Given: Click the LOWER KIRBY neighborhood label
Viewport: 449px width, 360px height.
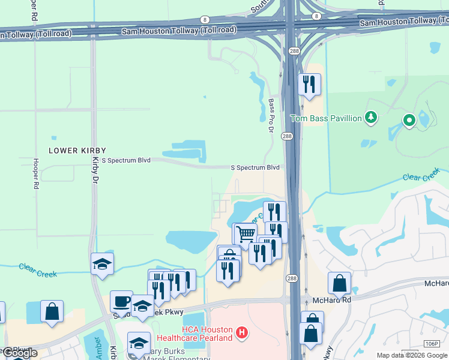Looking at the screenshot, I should [x=77, y=150].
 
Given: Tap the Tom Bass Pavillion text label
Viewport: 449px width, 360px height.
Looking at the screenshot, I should [x=326, y=118].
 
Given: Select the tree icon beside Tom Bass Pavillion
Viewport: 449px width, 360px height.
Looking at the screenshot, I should [x=372, y=117].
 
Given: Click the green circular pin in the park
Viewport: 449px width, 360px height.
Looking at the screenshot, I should [x=409, y=121].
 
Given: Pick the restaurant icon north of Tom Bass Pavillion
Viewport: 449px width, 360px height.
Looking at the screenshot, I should [x=309, y=85].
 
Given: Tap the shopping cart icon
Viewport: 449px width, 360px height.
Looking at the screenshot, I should [x=245, y=233].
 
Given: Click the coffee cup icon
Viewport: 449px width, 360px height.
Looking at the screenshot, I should [x=121, y=301].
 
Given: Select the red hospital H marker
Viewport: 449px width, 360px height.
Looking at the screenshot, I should [x=241, y=332].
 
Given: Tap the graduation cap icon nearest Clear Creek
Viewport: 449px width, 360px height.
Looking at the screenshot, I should [x=103, y=263].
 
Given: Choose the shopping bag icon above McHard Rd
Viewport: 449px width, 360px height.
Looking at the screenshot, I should [x=339, y=283].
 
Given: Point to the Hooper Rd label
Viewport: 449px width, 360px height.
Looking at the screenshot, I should [x=36, y=174].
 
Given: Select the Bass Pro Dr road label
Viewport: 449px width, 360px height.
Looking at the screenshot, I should [x=271, y=116].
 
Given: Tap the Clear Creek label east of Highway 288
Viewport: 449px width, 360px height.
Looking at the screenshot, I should [x=421, y=178].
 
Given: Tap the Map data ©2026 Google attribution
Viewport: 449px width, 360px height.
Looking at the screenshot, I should [x=411, y=355].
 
